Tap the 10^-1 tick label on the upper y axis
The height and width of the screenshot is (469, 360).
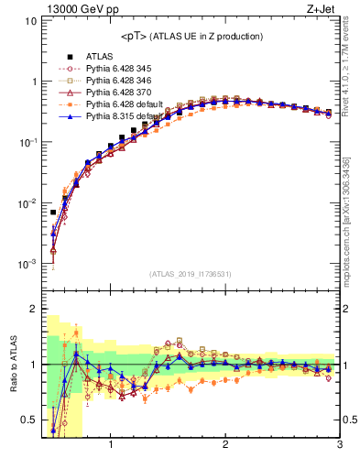(x=27, y=142)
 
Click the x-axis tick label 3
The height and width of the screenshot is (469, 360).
(x=339, y=446)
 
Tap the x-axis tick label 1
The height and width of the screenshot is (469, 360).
(x=111, y=446)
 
